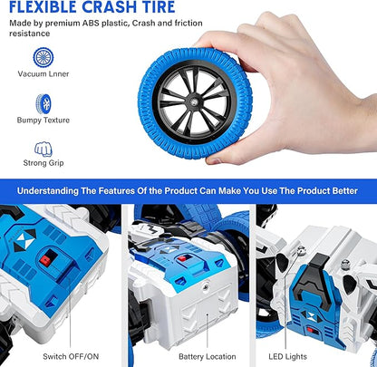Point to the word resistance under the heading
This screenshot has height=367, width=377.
[28, 42]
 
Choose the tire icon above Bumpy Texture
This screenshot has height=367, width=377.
[43, 102]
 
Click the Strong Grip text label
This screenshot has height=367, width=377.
[43, 163]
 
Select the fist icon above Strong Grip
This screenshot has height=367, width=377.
[43, 147]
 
